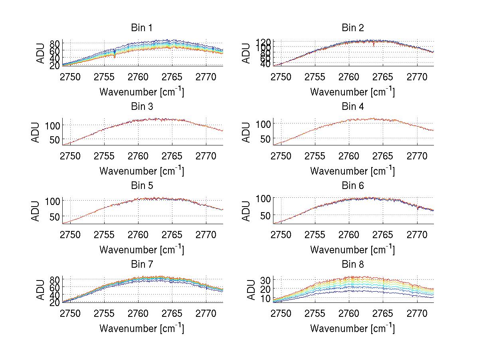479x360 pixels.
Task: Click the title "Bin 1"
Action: coord(142,28)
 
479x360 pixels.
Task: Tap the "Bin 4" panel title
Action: coord(353,107)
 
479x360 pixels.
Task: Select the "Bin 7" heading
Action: coord(142,265)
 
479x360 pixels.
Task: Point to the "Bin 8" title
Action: coord(353,265)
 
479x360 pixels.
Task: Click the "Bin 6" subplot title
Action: coord(353,186)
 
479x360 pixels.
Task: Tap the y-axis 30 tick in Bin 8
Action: coord(265,279)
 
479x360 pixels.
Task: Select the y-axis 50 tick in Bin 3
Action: coord(55,139)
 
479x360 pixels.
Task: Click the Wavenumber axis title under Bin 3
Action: coord(142,171)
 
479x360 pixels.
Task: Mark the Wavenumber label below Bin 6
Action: coord(352,249)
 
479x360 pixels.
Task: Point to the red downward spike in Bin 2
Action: coord(374,45)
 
